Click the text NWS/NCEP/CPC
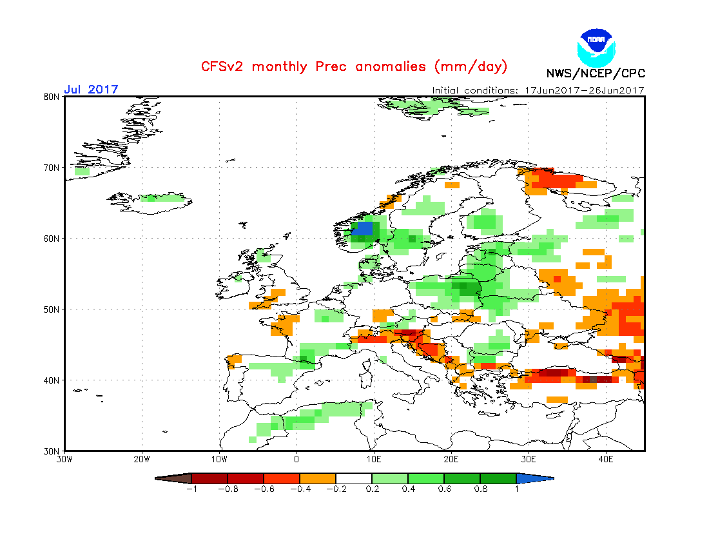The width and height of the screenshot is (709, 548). point(596,73)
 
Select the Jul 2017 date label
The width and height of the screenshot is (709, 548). point(91,90)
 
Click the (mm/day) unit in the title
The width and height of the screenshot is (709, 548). point(471,66)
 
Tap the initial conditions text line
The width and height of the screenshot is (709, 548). point(538,90)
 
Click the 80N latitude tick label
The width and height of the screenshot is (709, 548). point(52,97)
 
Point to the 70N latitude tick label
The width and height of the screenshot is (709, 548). point(52,168)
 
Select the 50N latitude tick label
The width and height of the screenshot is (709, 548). point(52,309)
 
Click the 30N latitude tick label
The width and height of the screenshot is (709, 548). point(52,451)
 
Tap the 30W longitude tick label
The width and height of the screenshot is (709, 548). point(64,460)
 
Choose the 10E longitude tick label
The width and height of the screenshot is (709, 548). point(374,460)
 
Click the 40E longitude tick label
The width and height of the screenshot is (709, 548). point(606,460)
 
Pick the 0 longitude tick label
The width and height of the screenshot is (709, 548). point(296,460)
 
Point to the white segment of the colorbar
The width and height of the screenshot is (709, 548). point(354,478)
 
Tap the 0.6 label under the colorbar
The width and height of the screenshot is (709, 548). point(444,489)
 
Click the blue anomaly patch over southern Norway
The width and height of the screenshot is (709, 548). point(364,228)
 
